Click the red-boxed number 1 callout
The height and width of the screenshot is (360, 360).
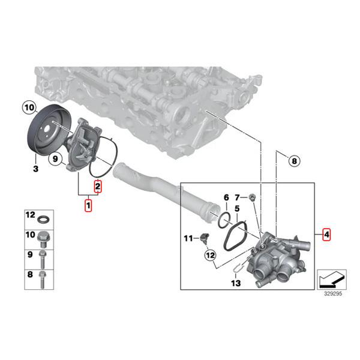[x=88, y=206]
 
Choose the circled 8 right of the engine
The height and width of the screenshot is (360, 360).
[x=293, y=160]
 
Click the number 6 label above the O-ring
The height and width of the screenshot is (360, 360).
[x=226, y=197]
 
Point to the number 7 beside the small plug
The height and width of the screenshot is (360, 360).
[x=237, y=197]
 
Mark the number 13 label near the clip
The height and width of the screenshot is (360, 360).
[x=235, y=283]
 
